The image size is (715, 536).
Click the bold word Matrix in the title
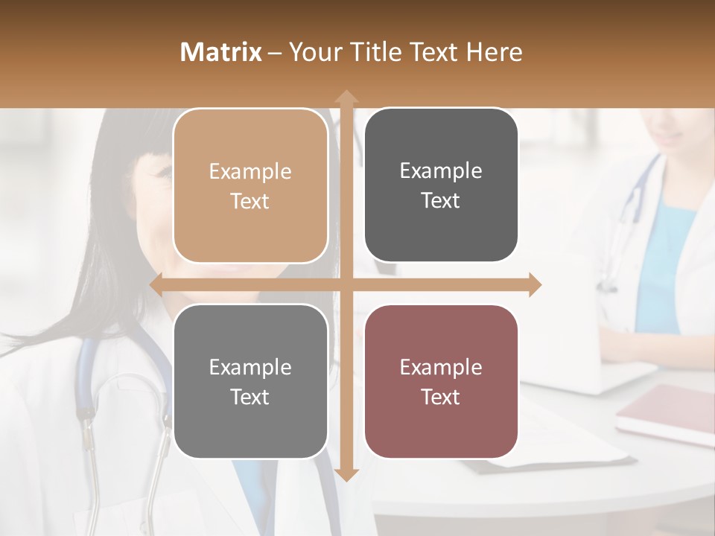tap(221, 52)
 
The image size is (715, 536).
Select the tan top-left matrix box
tap(250, 186)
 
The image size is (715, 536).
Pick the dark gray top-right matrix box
tap(441, 185)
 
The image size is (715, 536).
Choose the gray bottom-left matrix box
tap(250, 382)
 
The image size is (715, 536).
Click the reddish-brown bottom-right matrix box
tap(441, 382)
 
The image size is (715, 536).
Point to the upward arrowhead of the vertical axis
tap(346, 97)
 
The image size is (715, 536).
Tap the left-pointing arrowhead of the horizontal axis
tap(156, 285)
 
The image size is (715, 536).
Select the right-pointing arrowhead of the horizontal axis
tap(535, 285)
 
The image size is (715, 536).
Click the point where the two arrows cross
tap(346, 285)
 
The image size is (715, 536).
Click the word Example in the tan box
tap(250, 172)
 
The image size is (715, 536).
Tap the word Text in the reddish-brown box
tap(441, 397)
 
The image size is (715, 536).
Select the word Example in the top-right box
tap(441, 171)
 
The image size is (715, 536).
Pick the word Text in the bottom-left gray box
tap(250, 397)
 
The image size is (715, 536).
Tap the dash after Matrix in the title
tap(276, 53)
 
